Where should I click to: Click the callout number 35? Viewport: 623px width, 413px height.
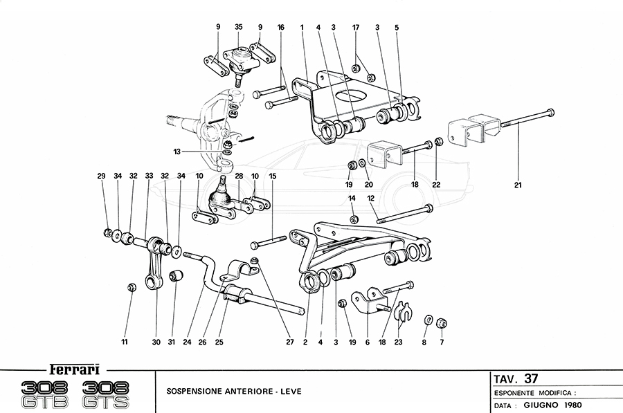[x=238, y=27]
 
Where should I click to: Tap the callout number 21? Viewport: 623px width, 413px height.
[x=518, y=185]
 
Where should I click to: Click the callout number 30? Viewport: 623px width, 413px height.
[x=155, y=341]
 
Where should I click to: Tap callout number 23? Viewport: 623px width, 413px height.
[x=397, y=341]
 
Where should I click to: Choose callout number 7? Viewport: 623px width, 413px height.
[x=442, y=341]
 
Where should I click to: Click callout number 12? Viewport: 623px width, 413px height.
[x=370, y=199]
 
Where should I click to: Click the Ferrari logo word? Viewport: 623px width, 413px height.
[x=71, y=368]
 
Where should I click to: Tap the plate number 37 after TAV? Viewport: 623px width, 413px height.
[x=530, y=378]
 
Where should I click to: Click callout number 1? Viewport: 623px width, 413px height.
[x=303, y=27]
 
